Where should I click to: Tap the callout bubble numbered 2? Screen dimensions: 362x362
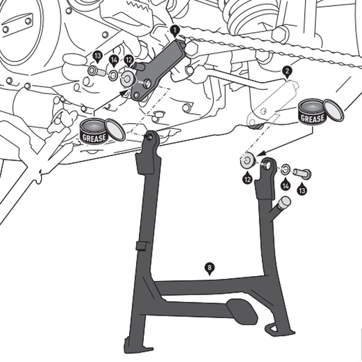point(287,71)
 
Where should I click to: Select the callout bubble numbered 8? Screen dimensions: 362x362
point(209,267)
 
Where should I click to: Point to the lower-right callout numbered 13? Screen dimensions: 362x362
point(302,190)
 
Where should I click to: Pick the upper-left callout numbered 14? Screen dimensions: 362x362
point(114,59)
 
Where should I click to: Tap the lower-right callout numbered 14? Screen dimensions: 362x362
point(285,185)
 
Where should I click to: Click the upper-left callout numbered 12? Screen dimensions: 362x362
point(129,59)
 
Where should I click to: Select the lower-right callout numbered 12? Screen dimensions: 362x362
point(247,179)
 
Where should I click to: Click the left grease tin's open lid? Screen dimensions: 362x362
point(116,129)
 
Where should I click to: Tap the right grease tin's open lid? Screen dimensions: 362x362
point(334,110)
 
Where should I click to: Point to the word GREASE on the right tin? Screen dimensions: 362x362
point(312,119)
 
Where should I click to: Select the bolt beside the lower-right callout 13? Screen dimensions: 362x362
point(301,173)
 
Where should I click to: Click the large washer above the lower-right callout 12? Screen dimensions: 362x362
point(247,162)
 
